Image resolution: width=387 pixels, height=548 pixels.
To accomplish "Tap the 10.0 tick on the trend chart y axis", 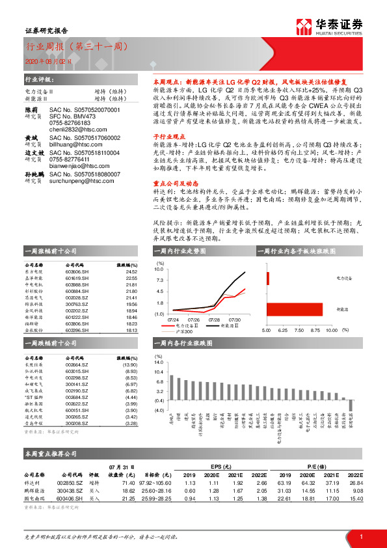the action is coord(159,268).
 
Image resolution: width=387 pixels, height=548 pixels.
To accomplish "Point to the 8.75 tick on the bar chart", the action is coord(316,329).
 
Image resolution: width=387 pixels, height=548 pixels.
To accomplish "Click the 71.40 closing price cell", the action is coord(127,483).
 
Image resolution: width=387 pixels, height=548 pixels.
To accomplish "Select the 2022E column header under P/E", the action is coord(354,475).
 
